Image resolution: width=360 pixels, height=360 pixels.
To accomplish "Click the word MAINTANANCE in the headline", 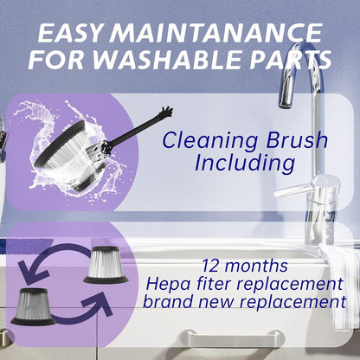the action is [215, 33].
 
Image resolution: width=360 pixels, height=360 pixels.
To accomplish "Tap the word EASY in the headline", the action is [70, 33].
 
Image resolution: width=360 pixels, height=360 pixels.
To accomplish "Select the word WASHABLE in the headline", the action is [166, 61].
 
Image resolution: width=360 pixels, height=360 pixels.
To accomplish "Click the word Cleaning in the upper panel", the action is [210, 141].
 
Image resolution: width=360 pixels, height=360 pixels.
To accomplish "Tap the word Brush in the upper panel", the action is [297, 140].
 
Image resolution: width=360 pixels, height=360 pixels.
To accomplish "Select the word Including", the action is [245, 164].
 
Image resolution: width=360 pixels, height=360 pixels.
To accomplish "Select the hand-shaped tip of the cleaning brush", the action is [166, 112].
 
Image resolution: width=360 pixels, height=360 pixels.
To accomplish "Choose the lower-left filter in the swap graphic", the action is [33, 306].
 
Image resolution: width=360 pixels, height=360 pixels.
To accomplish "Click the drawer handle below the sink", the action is [234, 337].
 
